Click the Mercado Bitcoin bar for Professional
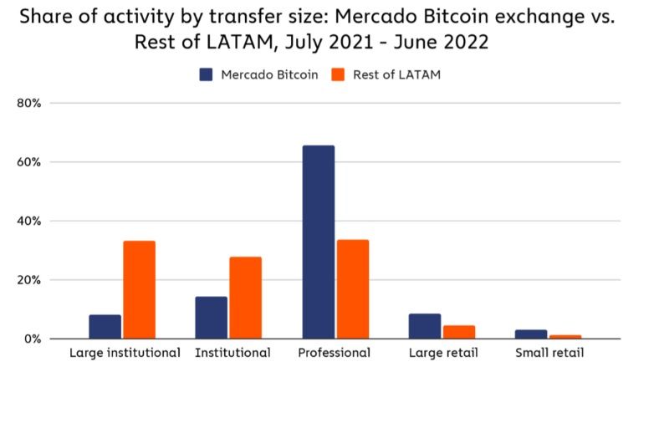(318, 242)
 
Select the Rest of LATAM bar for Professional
(353, 289)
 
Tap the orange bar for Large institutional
(140, 290)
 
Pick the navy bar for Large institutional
(105, 327)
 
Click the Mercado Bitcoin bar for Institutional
(212, 318)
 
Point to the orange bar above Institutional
(246, 298)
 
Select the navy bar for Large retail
(424, 327)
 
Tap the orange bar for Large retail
(459, 332)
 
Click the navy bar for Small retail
(531, 334)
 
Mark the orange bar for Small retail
(565, 337)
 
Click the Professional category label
(335, 353)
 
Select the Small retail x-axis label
(549, 353)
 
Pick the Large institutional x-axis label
(125, 353)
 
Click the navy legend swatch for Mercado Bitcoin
(207, 74)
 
